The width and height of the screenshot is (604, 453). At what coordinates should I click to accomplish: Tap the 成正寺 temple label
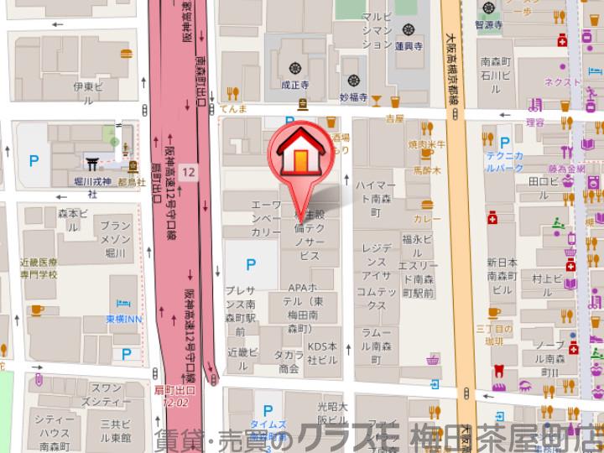pyautogui.click(x=295, y=84)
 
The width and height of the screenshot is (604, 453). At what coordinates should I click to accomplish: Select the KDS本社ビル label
pyautogui.click(x=321, y=353)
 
